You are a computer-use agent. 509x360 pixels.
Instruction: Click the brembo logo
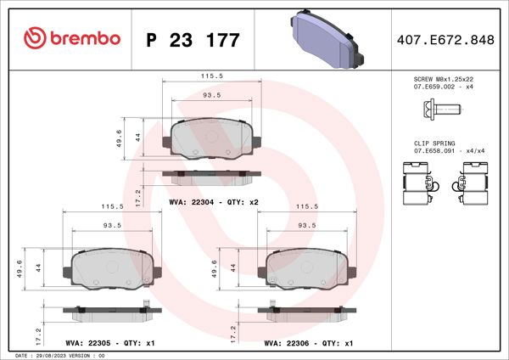click(x=72, y=38)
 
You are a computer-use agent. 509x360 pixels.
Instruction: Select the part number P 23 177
click(x=193, y=39)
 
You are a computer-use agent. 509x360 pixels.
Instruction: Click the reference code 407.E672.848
click(x=445, y=39)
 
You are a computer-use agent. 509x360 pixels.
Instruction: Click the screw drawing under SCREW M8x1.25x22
click(x=439, y=110)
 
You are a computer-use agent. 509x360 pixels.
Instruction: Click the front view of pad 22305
click(x=112, y=269)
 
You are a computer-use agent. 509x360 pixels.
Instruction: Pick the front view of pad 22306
click(x=306, y=269)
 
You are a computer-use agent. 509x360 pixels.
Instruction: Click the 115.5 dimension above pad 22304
click(x=210, y=76)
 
